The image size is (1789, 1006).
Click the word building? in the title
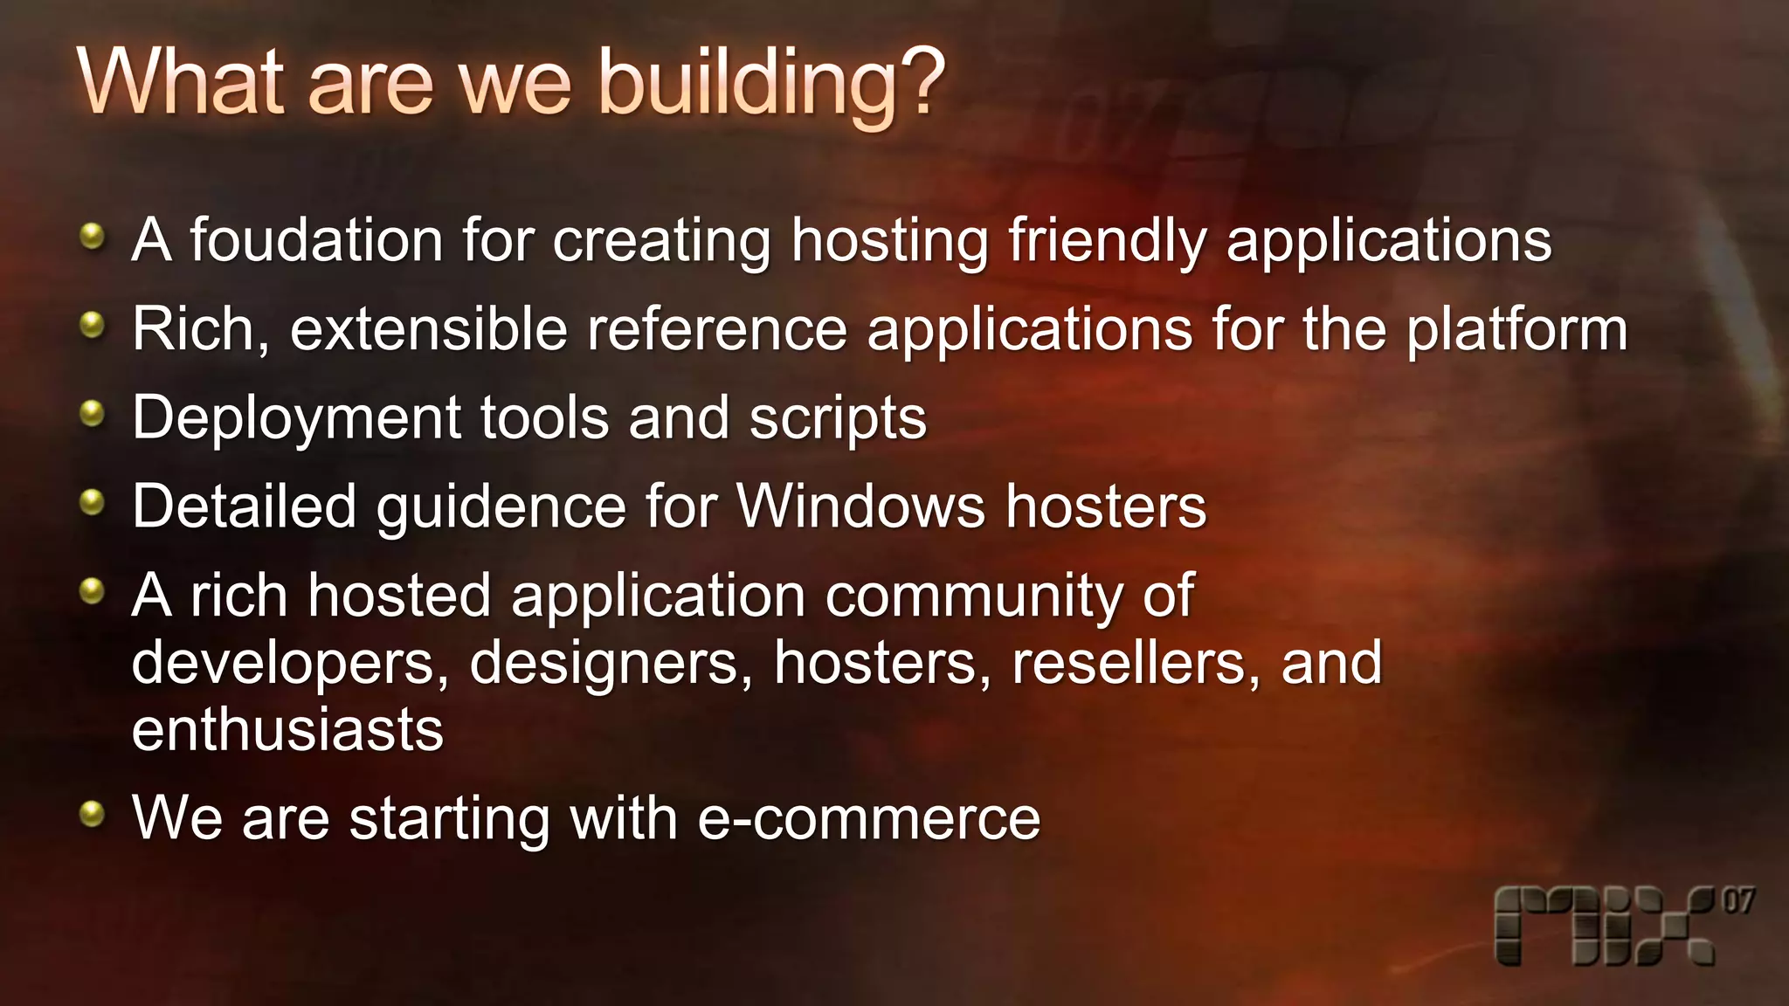click(x=771, y=85)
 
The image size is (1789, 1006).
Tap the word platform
click(x=1517, y=332)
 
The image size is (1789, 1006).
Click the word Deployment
click(x=296, y=419)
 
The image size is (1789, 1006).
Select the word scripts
click(x=838, y=419)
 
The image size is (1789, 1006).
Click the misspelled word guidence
click(x=501, y=508)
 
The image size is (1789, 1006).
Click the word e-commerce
click(x=869, y=819)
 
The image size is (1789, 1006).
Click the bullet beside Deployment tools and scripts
click(x=92, y=414)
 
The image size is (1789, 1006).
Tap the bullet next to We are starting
click(x=92, y=815)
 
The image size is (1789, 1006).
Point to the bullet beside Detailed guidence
click(x=92, y=502)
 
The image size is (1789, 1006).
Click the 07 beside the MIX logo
click(x=1738, y=901)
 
